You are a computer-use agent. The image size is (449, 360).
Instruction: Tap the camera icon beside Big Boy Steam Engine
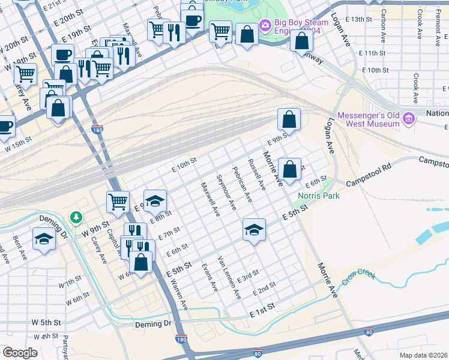click(265, 25)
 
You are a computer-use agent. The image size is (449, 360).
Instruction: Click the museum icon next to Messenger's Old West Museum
click(410, 117)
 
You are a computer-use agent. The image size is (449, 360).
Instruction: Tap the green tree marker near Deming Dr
click(76, 216)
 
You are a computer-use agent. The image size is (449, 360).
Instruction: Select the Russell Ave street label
click(258, 174)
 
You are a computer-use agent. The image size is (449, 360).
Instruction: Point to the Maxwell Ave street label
click(209, 200)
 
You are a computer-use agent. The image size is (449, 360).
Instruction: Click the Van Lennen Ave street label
click(229, 277)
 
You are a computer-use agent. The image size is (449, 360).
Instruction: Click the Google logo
click(20, 352)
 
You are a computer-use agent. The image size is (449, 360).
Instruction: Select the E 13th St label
click(366, 19)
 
